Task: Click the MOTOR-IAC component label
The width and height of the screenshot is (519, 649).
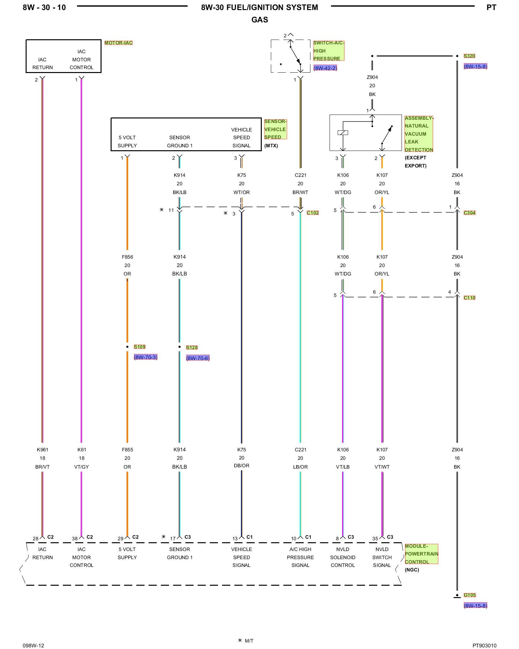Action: point(118,43)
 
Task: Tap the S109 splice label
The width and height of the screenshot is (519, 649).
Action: point(139,347)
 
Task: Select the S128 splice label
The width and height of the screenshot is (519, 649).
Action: point(192,348)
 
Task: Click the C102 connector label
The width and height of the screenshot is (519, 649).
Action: point(313,213)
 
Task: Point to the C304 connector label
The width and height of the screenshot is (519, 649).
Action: point(469,213)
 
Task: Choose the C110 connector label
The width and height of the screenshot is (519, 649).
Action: point(469,298)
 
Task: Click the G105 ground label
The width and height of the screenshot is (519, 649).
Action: point(470,595)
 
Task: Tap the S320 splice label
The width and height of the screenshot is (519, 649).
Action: point(469,56)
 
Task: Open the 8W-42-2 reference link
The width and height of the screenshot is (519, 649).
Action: point(325,68)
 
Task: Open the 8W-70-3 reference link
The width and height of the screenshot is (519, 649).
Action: point(146,357)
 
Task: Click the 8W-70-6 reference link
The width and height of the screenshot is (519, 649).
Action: point(198,358)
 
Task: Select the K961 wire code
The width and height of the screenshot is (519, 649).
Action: point(42,450)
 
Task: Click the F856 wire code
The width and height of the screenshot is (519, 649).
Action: point(127,257)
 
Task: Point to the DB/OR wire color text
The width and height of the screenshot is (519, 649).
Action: point(242,466)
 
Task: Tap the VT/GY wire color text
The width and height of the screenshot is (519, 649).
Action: point(81,467)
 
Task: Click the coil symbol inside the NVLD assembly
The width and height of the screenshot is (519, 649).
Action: point(343,132)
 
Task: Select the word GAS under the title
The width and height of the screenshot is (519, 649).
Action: point(260,20)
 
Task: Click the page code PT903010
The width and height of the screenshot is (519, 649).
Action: point(484,645)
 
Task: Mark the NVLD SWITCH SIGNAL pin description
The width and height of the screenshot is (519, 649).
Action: point(382,557)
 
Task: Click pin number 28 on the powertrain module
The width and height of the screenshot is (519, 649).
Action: point(35,539)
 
